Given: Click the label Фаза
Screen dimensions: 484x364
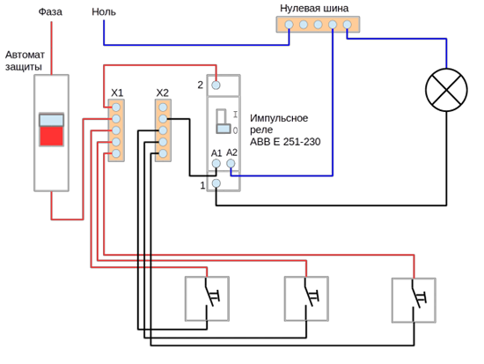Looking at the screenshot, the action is [x=50, y=11].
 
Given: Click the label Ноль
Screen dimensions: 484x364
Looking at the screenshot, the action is [x=104, y=11].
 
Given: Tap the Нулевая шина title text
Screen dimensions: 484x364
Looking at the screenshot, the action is [x=314, y=8].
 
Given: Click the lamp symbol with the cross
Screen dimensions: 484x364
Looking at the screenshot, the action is [x=446, y=90].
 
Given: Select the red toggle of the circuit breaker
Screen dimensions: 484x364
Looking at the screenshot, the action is [x=51, y=136].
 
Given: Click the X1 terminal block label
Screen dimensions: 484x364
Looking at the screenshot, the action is [x=117, y=93].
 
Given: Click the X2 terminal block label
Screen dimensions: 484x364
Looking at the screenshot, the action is [x=163, y=93].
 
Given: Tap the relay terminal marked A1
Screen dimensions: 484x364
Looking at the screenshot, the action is [x=216, y=163].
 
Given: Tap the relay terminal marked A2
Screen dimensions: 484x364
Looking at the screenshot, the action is [x=231, y=163].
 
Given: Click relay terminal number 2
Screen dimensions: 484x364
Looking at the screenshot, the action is [x=216, y=85].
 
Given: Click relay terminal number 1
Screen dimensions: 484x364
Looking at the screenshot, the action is [x=216, y=183].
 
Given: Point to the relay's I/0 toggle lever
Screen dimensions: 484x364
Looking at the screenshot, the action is [x=224, y=122].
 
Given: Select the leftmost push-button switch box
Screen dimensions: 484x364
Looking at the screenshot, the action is [x=207, y=299].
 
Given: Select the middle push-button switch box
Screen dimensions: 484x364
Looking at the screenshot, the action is [x=306, y=299].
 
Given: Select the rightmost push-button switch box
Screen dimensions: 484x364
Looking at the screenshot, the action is [x=414, y=301].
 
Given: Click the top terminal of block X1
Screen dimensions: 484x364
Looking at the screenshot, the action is [x=116, y=108].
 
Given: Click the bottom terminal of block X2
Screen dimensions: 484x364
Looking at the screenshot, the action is [x=163, y=153].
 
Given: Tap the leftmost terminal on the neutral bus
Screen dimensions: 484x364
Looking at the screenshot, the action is [x=289, y=25].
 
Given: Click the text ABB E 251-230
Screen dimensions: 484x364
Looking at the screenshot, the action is [x=285, y=142].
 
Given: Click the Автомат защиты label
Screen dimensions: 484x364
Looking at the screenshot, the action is [x=25, y=61].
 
